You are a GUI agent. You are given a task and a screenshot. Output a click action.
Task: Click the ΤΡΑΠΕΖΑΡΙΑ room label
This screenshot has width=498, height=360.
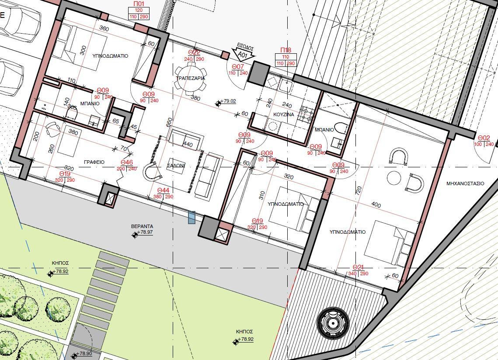coord(190,78)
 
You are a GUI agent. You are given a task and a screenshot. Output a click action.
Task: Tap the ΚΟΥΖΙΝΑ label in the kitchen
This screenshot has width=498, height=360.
coord(283,114)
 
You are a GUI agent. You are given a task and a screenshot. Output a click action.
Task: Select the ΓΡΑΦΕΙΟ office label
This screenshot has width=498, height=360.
coord(94,162)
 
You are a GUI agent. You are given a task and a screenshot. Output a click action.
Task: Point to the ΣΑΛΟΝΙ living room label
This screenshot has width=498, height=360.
coord(176,166)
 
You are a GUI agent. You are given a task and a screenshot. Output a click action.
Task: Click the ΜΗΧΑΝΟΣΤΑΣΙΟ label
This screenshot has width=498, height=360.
coord(465,183)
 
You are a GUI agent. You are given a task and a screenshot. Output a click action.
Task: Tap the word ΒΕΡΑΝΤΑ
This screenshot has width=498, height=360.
coord(142,226)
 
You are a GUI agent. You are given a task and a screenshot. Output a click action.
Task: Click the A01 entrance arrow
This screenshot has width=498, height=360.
coord(245,54)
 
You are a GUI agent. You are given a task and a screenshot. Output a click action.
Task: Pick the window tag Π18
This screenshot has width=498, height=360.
coord(286,51)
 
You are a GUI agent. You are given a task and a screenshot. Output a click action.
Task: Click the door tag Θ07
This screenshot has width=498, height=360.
coord(238,67)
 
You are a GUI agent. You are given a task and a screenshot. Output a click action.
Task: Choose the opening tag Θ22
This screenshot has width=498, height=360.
coord(194,53)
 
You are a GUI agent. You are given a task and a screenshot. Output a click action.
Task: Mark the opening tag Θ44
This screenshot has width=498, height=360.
coord(163,190)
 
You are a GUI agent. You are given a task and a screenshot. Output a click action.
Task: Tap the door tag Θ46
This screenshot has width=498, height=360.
coord(126,163)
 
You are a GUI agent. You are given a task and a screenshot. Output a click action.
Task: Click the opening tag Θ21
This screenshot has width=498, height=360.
coord(358,267)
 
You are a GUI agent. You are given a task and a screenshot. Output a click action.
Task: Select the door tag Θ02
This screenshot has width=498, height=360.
coord(484,138)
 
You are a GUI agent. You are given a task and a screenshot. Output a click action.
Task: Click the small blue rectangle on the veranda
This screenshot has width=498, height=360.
coord(192,217)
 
